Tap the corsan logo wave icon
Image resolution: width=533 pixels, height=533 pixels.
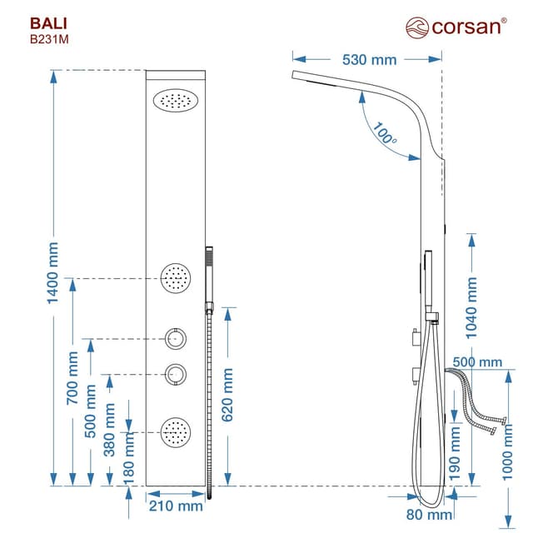416,27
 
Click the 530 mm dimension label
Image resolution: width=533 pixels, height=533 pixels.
369,59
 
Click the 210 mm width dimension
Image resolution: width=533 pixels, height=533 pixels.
176,506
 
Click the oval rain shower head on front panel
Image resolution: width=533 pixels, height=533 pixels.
176,101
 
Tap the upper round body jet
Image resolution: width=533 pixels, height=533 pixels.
176,277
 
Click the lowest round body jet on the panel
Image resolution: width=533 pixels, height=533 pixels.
176,431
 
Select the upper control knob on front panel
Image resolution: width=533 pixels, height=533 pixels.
176,339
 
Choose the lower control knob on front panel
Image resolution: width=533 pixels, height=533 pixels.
176,375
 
